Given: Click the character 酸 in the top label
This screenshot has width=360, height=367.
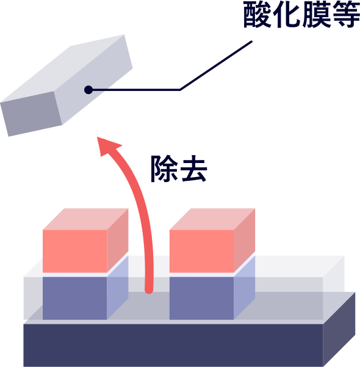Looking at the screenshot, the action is (x=257, y=15).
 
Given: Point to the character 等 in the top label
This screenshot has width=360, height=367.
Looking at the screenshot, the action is (x=345, y=15).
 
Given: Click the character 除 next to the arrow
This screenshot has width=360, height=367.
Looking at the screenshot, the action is (x=164, y=169).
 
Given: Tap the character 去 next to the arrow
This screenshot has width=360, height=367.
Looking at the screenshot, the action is (x=193, y=169).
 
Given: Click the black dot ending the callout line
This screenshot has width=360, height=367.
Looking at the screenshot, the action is (x=88, y=90).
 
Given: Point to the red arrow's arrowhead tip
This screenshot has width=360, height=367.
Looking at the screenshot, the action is (x=97, y=137).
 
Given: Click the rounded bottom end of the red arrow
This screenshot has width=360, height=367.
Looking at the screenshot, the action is (x=149, y=290).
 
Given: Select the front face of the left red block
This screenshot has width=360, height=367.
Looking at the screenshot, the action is (x=75, y=251).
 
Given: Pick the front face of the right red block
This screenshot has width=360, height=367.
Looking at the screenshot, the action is (x=201, y=251).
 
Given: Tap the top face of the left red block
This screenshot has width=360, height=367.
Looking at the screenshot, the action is (x=85, y=219).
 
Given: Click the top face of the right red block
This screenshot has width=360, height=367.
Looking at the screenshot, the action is (x=212, y=219).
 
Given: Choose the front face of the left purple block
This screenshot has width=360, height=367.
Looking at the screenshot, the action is (x=75, y=298).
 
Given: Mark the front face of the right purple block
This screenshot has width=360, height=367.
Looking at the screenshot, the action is (x=201, y=298).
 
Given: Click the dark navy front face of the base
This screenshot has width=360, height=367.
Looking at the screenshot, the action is (x=173, y=346).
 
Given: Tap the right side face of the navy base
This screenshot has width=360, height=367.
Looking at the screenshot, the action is (x=339, y=330).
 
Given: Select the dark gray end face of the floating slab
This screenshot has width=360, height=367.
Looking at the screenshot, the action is (x=31, y=114).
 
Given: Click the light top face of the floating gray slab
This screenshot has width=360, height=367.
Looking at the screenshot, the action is (x=62, y=68).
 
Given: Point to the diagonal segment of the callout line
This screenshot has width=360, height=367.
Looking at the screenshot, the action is (x=216, y=65).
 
